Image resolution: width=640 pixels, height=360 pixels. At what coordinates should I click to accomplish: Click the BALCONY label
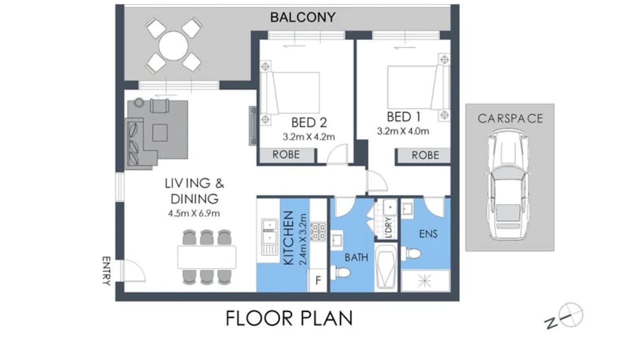(x=302, y=17)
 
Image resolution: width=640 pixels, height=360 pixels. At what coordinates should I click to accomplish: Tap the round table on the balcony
(x=173, y=45)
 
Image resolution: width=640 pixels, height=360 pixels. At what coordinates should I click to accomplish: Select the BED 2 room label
(x=309, y=122)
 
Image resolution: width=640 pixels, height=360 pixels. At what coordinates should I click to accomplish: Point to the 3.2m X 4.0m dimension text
(x=403, y=132)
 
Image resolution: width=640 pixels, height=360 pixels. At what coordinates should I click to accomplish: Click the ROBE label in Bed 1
(x=425, y=155)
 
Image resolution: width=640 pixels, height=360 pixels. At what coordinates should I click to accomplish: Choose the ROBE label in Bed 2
(x=286, y=155)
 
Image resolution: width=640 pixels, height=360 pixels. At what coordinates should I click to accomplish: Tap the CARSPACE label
(x=510, y=118)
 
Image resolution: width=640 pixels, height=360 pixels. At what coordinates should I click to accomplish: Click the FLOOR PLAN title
(x=289, y=318)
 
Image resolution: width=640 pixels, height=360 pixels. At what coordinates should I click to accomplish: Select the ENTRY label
(x=106, y=270)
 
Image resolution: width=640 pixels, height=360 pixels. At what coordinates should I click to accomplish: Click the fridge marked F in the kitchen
(x=317, y=281)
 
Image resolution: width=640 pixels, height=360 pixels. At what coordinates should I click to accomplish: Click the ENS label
(x=428, y=233)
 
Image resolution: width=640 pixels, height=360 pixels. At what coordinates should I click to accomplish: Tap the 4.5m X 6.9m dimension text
(x=194, y=213)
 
